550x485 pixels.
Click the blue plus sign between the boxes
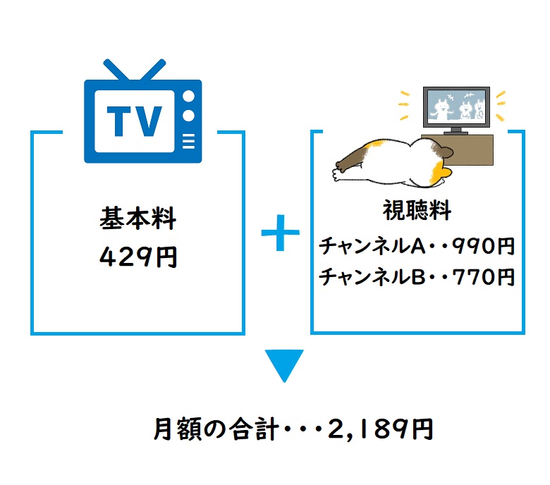point(280,233)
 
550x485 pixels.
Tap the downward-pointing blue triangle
point(284,365)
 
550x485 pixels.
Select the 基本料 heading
point(137,219)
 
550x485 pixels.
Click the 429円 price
point(137,257)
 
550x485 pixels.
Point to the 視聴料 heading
point(417,210)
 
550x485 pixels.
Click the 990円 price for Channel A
point(483,246)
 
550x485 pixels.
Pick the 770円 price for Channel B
point(483,277)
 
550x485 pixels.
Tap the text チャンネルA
point(372,246)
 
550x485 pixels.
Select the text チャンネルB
point(372,277)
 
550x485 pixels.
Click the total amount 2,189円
point(380,429)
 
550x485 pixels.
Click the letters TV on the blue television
point(135,121)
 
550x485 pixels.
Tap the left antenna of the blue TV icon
point(116,70)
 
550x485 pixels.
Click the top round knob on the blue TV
point(189,97)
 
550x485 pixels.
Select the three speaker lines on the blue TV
point(189,141)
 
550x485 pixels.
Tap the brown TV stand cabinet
point(467,149)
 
